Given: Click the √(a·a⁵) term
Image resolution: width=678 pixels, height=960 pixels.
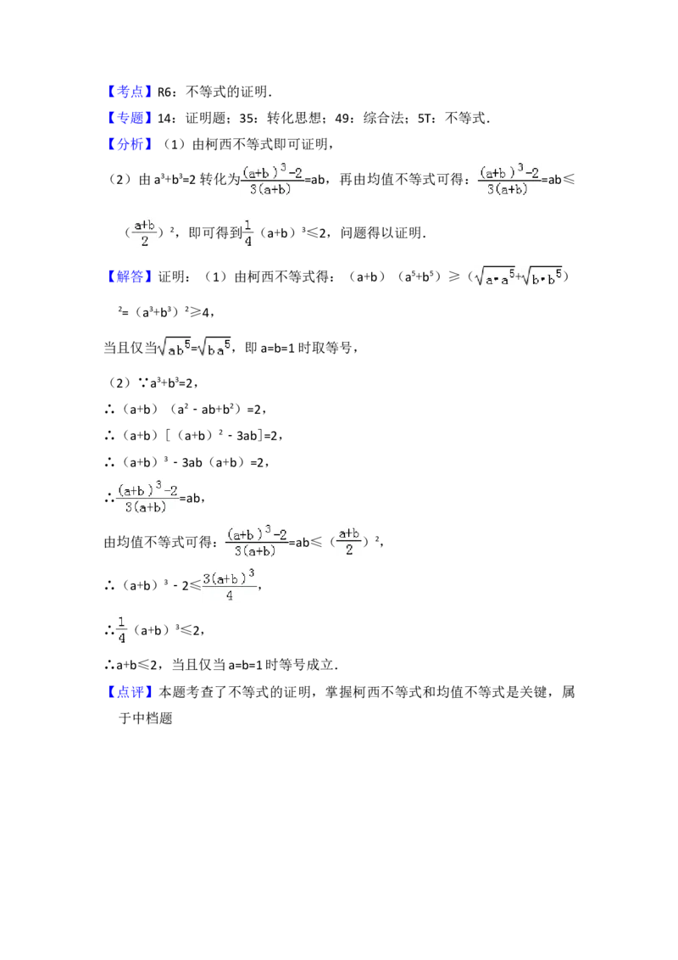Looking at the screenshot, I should pos(493,277).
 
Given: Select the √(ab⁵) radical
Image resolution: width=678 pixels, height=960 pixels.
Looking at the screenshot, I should pos(175,347).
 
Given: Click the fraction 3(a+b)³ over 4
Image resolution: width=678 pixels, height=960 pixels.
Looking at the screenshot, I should pos(228,584).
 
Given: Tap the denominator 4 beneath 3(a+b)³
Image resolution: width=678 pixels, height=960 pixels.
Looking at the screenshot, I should pos(230,595).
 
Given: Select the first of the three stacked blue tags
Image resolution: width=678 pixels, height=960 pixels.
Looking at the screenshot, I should pos(131,92).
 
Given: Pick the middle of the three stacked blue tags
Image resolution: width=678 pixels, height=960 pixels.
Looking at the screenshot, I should pos(131,118).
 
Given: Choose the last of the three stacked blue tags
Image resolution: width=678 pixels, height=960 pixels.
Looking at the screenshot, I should pos(131,145).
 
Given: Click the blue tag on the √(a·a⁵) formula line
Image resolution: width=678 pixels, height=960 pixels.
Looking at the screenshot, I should pos(131,276).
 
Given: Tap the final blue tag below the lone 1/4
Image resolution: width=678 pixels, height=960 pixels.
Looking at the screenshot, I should pos(131,692).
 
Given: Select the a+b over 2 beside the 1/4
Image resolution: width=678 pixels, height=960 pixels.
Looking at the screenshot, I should pos(145,232).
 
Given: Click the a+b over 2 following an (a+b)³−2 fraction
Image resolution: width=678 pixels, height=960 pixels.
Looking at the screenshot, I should pos(349,540).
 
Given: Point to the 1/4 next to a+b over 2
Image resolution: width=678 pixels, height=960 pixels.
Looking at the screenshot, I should pos(248,232).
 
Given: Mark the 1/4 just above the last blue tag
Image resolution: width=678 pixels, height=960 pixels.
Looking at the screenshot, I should pos(122,628).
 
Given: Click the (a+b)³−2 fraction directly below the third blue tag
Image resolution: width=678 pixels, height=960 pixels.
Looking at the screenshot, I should pos(271,178).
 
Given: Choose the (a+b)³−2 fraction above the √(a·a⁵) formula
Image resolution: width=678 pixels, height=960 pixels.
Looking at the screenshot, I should pos(508,178).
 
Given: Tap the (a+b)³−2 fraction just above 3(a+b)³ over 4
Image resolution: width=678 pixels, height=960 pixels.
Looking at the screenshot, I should pos(258,541).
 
